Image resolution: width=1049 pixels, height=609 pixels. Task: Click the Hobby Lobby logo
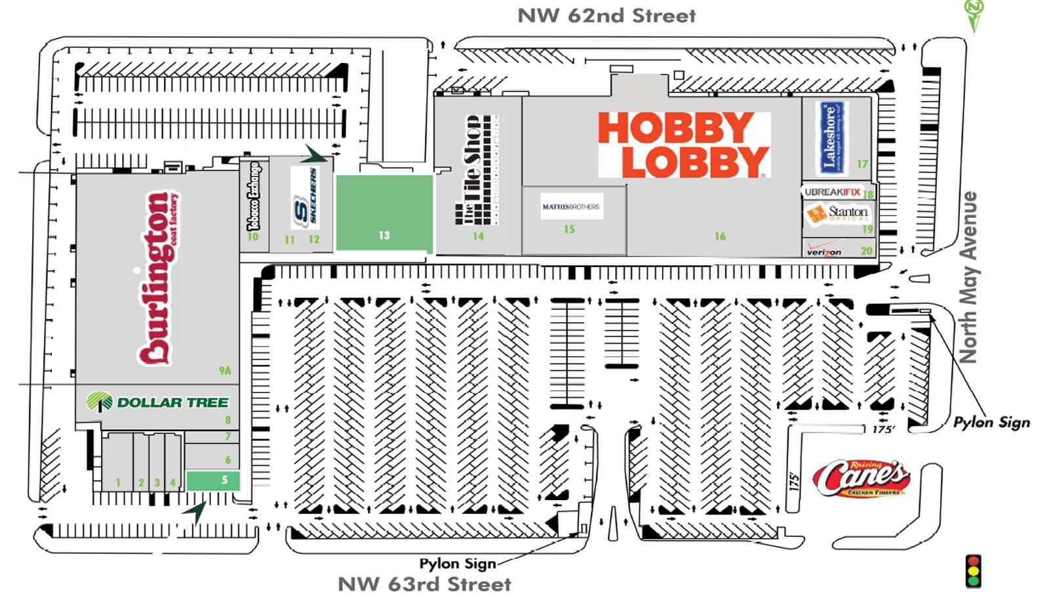(683, 144)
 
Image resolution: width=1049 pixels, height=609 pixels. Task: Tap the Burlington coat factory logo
(159, 278)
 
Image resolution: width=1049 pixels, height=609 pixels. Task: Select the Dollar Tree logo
(158, 402)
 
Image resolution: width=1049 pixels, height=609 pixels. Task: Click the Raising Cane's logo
(861, 478)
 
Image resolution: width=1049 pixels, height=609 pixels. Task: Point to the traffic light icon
(973, 571)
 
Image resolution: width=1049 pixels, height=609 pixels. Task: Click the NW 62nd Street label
(606, 16)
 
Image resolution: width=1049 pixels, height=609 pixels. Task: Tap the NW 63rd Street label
(424, 584)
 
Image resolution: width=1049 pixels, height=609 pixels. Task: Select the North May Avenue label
(968, 277)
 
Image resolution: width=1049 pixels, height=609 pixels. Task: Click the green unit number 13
(384, 235)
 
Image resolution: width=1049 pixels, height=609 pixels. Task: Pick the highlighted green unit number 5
(224, 480)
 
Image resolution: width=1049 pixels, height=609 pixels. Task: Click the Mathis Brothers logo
(570, 207)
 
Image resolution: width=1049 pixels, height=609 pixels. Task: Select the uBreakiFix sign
(832, 192)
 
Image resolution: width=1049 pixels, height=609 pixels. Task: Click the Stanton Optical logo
(838, 213)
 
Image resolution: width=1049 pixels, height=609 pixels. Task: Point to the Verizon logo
(824, 251)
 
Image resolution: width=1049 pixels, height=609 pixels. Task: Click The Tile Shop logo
(478, 169)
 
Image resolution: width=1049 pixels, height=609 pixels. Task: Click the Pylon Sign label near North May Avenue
(991, 422)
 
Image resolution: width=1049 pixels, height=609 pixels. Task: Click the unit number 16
(720, 236)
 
